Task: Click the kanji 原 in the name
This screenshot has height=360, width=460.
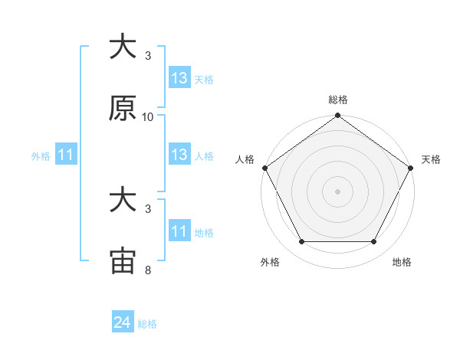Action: coord(123,110)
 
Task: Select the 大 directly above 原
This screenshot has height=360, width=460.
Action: coord(123,47)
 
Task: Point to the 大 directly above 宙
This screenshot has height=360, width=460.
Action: coord(123,201)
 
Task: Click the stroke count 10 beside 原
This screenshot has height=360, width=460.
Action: coord(148,117)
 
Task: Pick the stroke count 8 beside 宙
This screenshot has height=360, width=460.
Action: coord(148,270)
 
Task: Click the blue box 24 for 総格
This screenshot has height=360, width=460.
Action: coord(123,323)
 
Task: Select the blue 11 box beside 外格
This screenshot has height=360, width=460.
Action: coord(66,155)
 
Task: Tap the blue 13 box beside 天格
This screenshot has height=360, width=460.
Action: coord(179,78)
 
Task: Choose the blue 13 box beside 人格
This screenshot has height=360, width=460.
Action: coord(179,155)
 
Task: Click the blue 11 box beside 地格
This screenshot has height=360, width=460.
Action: coord(179,231)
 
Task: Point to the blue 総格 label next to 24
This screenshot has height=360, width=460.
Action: coord(147,324)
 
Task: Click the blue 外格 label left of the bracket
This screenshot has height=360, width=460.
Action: coord(41,156)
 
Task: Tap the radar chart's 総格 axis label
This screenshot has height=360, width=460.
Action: coord(337,100)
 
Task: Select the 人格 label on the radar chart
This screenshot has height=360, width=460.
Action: coord(245,159)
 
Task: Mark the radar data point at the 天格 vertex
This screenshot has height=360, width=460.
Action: coord(411,168)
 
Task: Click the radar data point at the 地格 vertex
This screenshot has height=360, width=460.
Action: coord(374,242)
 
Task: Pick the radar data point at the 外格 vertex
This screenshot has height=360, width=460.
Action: coord(301,242)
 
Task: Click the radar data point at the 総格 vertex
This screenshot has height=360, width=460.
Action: coord(337,116)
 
